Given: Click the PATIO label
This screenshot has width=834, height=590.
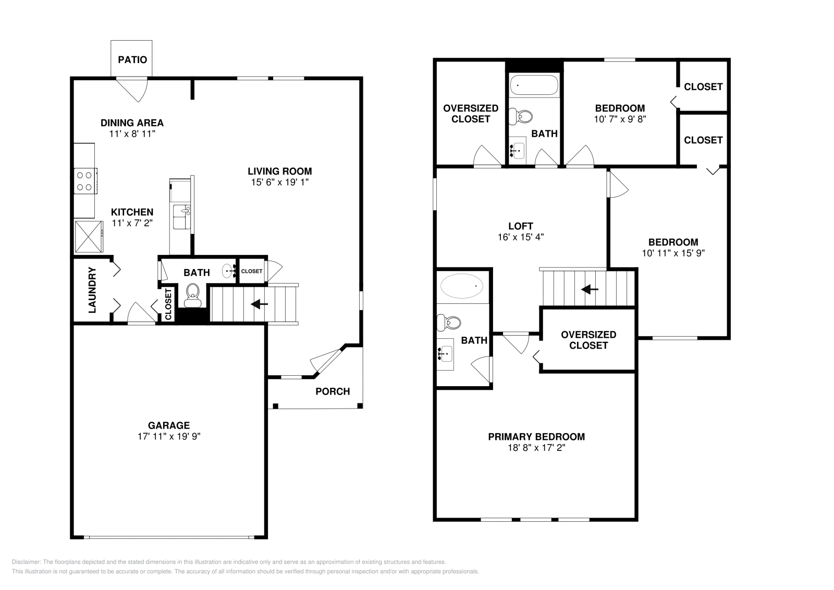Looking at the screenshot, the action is coord(132,59).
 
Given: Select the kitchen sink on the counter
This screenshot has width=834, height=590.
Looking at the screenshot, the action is coord(182,217).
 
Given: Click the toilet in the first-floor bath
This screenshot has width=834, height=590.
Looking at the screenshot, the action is coord(192,295).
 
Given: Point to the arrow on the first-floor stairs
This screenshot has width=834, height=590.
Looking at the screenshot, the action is coord(259,304).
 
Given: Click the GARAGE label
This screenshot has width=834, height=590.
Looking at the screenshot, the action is coord(169,425).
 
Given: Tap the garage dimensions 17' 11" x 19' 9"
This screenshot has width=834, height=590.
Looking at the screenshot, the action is coord(169,436).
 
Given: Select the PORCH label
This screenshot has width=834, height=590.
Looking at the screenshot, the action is coord(333,391).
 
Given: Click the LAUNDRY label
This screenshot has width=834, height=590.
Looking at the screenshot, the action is coord(92,290).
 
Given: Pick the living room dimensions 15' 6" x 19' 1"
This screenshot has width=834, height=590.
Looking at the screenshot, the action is coord(279,182).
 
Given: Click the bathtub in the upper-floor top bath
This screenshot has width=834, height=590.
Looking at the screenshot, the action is coord(534,85).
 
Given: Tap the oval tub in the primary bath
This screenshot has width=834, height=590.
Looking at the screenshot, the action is coord(462,286).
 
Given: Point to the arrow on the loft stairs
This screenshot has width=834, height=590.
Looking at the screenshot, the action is coord(590,289).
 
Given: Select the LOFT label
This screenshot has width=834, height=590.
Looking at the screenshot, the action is coord(521,226).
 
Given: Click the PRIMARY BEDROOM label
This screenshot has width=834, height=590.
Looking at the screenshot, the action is coord(536,437).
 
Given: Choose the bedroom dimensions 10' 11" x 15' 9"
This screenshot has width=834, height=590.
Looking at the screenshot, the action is coord(673,253).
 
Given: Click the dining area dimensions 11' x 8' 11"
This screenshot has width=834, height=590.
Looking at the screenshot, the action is coord(132,133).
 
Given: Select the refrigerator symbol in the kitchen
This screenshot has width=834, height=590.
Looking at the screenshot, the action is coord(89,237).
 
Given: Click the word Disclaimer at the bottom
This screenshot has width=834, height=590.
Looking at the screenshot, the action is coord(26,562).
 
